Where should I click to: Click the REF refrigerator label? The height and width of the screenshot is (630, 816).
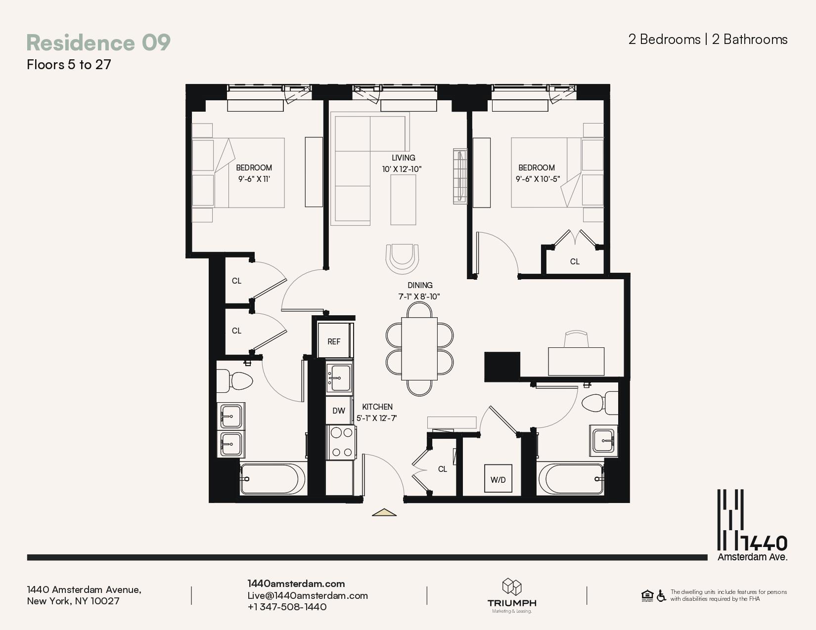click(x=334, y=341)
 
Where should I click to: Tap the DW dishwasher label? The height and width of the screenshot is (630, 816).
click(x=339, y=411)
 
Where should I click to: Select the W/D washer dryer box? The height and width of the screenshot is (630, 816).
click(x=498, y=478)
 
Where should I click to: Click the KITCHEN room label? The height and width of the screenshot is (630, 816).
click(x=377, y=407)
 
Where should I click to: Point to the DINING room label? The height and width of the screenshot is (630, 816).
click(x=420, y=285)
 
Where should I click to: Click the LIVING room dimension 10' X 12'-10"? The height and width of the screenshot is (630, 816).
click(x=402, y=169)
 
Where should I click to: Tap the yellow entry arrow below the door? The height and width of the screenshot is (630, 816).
click(x=384, y=512)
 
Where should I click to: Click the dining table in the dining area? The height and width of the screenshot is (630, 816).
click(x=419, y=348)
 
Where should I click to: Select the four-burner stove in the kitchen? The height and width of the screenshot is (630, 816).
click(x=341, y=442)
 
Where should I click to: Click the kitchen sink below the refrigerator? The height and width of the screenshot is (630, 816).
click(x=339, y=378)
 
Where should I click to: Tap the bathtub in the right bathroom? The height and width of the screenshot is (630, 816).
click(x=570, y=479)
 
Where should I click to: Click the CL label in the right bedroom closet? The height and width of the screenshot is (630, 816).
click(x=575, y=261)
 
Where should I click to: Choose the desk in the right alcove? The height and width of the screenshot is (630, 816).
click(x=576, y=361)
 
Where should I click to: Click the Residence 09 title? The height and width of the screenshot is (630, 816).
click(x=98, y=42)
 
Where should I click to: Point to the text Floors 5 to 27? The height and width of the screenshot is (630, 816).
click(x=69, y=65)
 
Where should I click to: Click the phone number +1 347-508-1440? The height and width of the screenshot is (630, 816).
click(x=287, y=607)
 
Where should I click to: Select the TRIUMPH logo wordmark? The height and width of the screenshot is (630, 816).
click(x=512, y=603)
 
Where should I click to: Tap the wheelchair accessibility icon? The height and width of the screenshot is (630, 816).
click(x=661, y=595)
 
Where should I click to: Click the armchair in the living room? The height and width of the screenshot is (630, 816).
click(x=402, y=259)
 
